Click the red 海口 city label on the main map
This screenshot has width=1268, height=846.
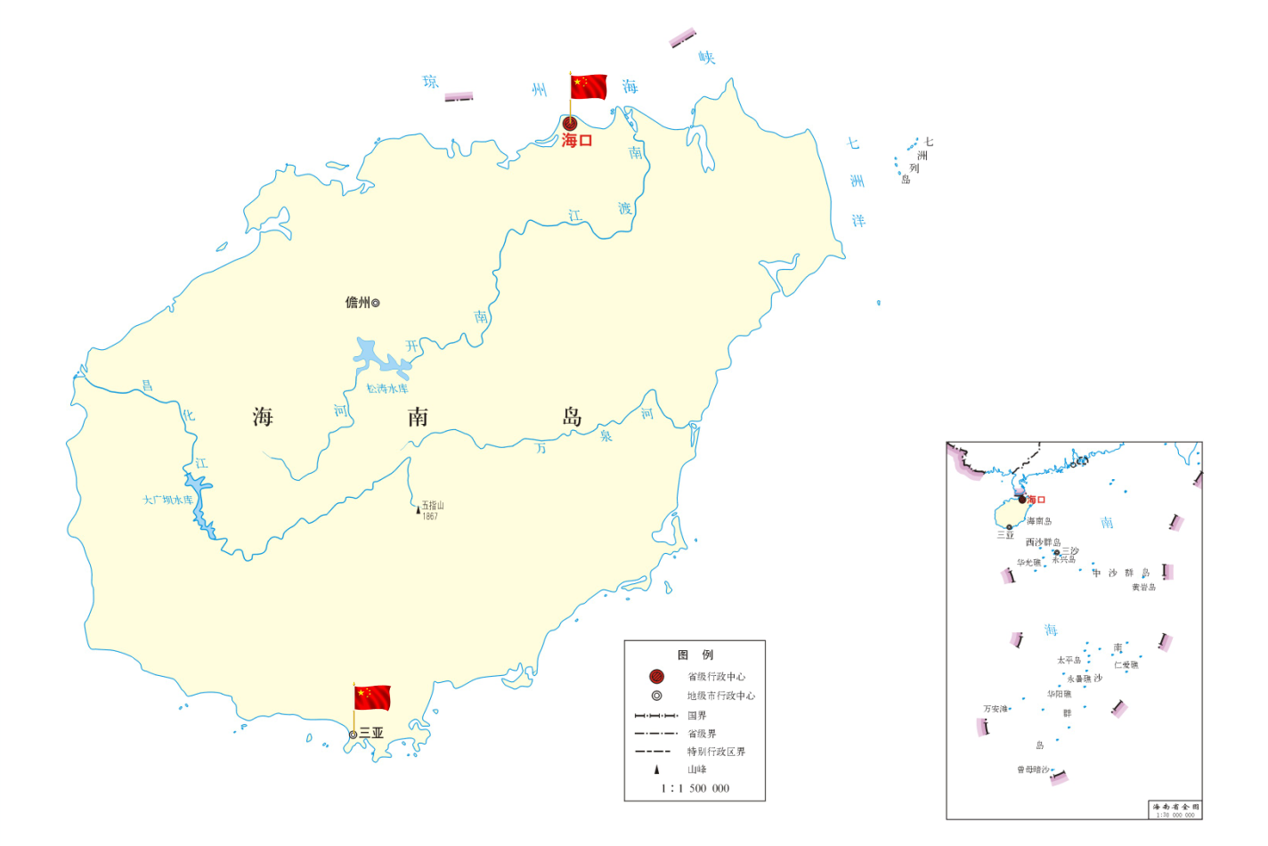point(577,141)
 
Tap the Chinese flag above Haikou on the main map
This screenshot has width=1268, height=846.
point(589,86)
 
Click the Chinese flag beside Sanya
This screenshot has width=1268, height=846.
point(372,697)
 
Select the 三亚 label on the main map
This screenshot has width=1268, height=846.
point(371,733)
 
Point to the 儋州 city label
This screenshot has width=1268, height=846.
point(357,303)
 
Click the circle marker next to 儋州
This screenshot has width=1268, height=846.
point(376,303)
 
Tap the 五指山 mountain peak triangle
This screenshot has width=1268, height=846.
point(418,510)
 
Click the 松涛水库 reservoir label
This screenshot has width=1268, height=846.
point(387,388)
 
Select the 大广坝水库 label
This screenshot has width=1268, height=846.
point(167,500)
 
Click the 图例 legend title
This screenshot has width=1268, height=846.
point(695,655)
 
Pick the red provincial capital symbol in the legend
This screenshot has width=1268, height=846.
point(656,677)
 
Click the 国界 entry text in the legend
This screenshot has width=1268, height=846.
point(697,715)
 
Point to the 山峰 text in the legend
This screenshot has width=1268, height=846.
point(697,769)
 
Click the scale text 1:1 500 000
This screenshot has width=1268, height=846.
point(695,788)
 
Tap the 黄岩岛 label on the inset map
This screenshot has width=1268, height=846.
point(1144,587)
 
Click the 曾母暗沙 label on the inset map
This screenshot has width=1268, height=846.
point(1033,769)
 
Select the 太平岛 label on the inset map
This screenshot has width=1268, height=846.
point(1069,660)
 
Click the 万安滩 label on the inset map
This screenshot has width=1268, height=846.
point(996,709)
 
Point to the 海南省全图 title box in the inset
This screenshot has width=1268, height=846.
point(1175,809)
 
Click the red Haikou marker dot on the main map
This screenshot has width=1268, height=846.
point(570,124)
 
